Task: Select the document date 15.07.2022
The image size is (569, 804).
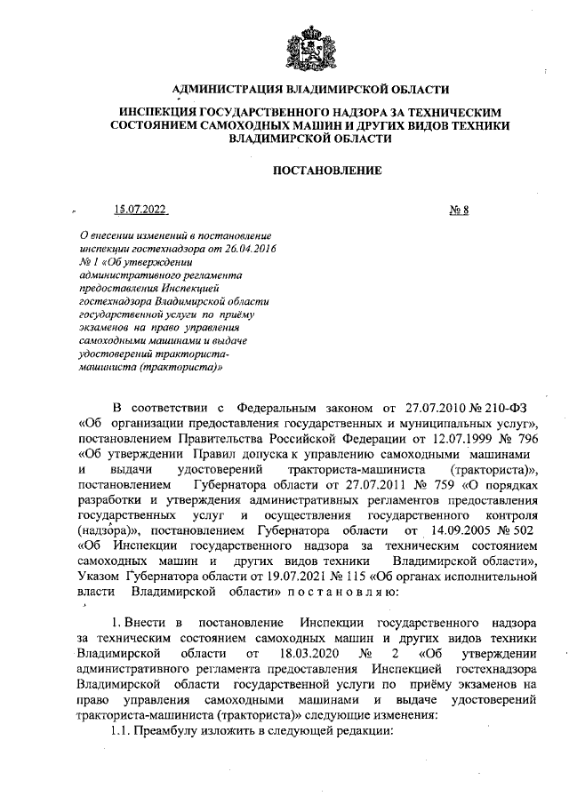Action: tap(140, 210)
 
